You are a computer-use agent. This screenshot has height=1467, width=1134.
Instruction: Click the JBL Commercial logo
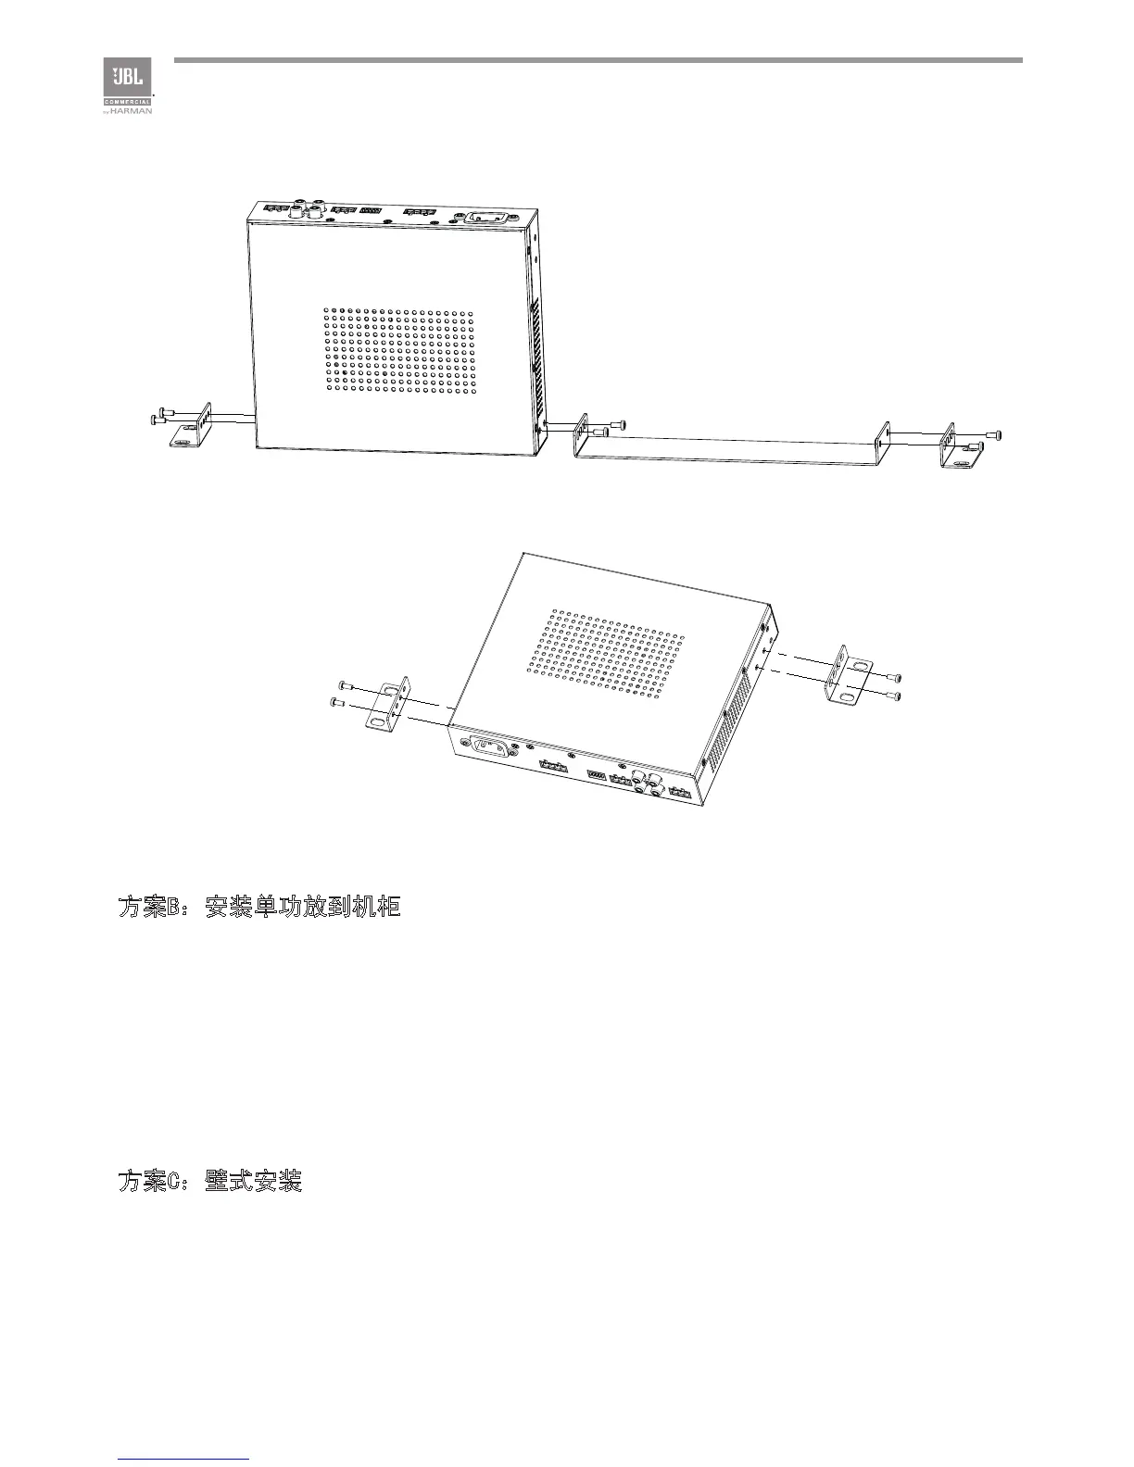click(127, 86)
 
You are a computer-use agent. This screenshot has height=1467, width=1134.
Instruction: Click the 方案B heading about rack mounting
click(258, 907)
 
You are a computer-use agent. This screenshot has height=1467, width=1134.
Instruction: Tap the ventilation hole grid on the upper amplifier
click(398, 349)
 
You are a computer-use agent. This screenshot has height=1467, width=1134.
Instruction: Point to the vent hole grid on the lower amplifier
click(608, 654)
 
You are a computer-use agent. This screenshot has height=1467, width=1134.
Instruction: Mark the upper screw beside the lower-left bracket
click(345, 684)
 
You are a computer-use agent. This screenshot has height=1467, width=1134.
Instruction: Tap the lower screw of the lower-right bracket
click(894, 696)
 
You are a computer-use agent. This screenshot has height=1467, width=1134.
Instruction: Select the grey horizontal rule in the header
click(598, 60)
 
